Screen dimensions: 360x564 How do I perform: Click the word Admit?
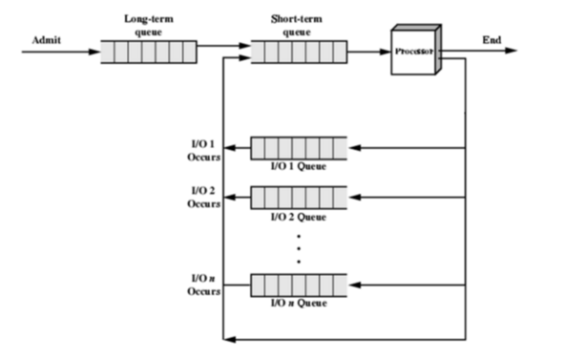point(44,41)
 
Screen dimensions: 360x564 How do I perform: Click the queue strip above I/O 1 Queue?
point(298,148)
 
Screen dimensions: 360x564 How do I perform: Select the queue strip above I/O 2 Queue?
point(298,198)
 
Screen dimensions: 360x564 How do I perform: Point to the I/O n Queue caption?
point(298,304)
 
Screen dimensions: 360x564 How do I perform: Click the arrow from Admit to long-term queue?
point(59,52)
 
